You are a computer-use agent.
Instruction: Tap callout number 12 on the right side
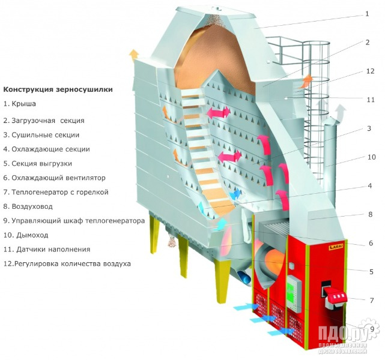[370, 71]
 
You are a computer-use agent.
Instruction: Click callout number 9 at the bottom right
[372, 328]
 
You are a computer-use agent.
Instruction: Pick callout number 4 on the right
[371, 186]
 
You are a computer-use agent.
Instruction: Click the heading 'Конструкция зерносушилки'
[58, 89]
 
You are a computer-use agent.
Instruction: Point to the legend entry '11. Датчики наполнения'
[46, 250]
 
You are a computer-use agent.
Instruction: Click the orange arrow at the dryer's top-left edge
[133, 55]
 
